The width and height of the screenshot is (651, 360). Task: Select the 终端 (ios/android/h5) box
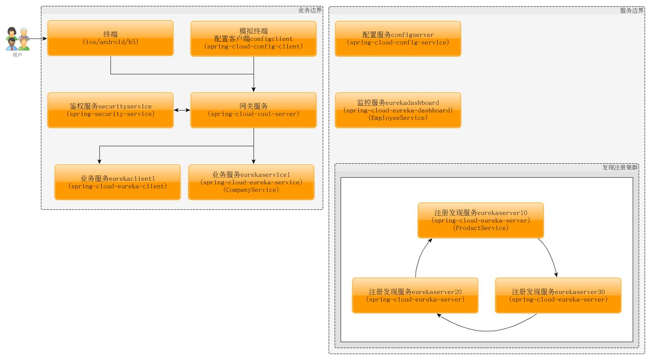click(110, 38)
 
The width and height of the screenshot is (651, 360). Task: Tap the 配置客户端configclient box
click(254, 39)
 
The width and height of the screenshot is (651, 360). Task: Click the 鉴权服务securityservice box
click(110, 110)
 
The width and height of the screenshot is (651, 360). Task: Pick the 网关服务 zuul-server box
click(254, 110)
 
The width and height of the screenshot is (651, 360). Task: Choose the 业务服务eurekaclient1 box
click(118, 182)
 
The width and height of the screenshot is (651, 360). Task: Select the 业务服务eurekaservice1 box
click(251, 182)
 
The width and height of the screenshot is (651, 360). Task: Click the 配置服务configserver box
click(398, 39)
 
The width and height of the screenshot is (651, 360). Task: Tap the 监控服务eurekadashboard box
click(398, 110)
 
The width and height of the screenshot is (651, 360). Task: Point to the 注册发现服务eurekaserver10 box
click(480, 220)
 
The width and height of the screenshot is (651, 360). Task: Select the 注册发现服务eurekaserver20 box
click(415, 296)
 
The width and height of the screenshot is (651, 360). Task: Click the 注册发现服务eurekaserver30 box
click(558, 296)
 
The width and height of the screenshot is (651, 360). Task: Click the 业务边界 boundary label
click(310, 10)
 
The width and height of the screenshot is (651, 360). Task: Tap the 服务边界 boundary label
click(632, 10)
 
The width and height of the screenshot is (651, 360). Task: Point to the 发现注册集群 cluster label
click(620, 167)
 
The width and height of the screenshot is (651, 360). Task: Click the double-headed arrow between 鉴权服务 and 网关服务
click(182, 110)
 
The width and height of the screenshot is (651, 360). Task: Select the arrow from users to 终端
click(38, 39)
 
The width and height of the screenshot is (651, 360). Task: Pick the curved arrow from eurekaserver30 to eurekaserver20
click(487, 330)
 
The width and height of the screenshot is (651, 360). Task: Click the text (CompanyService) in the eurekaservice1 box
click(251, 190)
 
